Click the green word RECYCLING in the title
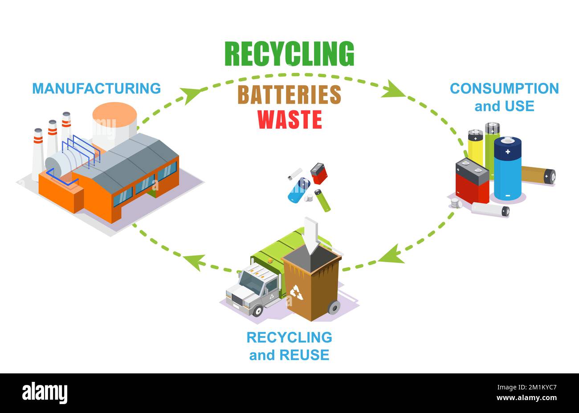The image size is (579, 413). coord(289,54)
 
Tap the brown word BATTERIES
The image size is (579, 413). coord(289,94)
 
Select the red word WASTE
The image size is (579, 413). coord(289,119)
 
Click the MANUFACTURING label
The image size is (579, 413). coord(96,88)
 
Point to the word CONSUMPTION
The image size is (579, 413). coord(504,88)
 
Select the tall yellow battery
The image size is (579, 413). coord(475,147)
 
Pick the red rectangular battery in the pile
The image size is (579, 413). coord(472,182)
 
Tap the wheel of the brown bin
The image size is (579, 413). coord(334,307)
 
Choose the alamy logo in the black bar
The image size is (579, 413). coord(45,393)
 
